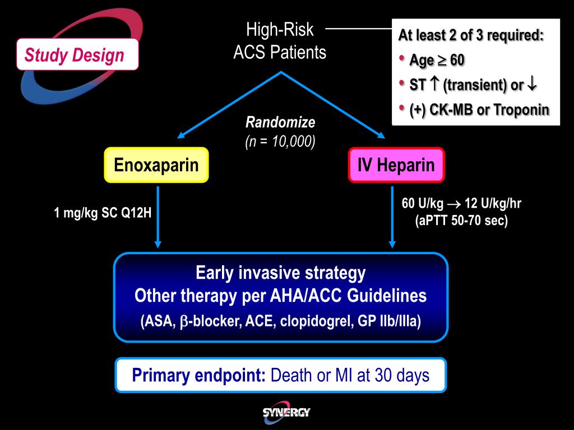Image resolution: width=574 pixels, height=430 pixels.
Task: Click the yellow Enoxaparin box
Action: tap(156, 165)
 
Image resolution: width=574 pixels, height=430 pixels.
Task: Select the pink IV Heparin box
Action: tap(396, 165)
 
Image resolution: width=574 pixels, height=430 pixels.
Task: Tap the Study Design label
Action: tap(74, 55)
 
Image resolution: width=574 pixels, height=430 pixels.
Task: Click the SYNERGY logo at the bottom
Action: tap(286, 413)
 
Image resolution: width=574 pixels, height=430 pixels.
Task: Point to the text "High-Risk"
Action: tap(280, 30)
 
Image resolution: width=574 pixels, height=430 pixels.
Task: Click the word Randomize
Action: tap(280, 123)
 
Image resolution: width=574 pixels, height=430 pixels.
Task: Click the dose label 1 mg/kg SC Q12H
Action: tap(103, 213)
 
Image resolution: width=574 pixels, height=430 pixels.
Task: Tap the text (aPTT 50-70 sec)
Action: tap(461, 221)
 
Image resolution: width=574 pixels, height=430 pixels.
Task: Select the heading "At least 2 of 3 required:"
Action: tap(471, 35)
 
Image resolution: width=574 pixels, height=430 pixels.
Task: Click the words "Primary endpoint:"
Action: tap(199, 375)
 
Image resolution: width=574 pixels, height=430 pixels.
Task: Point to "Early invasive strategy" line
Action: tap(280, 273)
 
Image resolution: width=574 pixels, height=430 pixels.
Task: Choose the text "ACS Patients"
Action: tap(280, 53)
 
